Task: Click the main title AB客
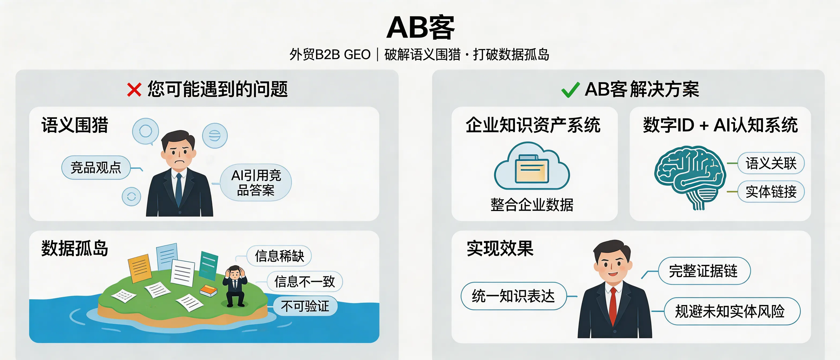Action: [420, 27]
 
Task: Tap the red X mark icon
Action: [134, 90]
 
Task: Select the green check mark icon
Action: [570, 90]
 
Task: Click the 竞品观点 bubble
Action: [96, 168]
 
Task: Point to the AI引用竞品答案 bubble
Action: [256, 183]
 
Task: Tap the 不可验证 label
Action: [305, 306]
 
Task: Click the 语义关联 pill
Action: [771, 163]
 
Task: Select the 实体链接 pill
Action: [771, 192]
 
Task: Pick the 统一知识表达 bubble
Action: [513, 296]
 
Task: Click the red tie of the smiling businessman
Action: [613, 305]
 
